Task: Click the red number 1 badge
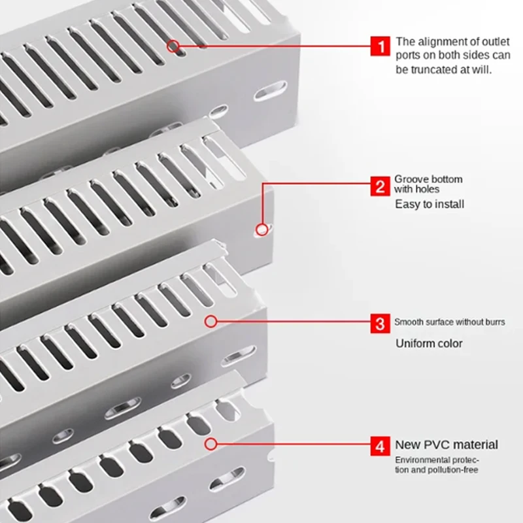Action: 380,46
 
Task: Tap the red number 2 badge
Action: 380,186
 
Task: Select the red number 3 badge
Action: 380,323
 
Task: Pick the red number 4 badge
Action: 380,446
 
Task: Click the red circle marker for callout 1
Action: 173,46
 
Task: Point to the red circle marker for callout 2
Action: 262,229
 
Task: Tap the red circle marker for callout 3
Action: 211,322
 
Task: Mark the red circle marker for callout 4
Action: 211,444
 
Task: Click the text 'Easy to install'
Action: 430,204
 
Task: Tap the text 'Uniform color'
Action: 429,343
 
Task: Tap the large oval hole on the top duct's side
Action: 270,91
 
